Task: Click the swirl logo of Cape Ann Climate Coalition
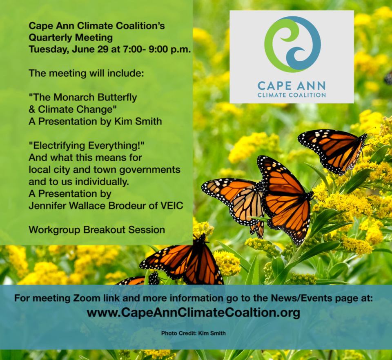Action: (292, 44)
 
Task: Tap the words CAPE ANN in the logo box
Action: (292, 86)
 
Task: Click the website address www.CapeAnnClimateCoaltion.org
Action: (193, 313)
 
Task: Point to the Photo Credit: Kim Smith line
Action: (194, 333)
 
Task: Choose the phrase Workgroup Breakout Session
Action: (97, 230)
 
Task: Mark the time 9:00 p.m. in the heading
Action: (170, 49)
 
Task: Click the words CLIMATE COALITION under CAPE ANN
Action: (292, 95)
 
